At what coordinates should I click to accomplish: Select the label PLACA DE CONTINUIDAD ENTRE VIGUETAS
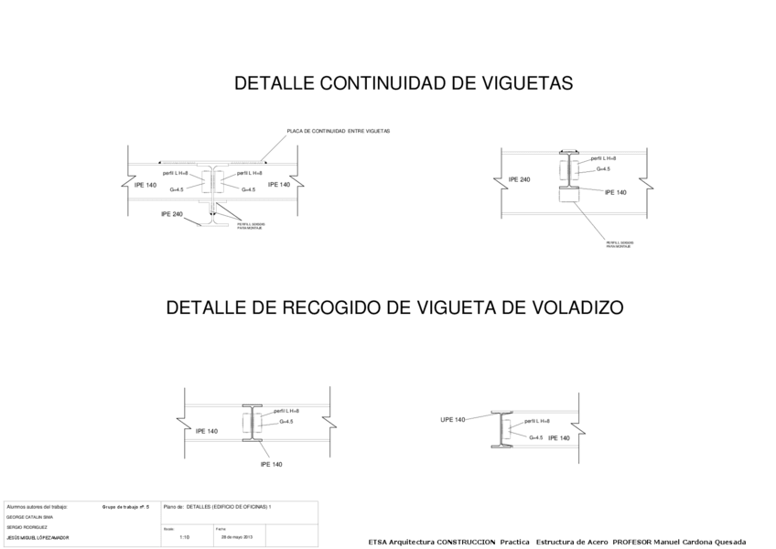[338, 131]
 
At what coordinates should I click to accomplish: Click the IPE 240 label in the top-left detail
[172, 214]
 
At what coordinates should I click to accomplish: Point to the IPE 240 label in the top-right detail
[519, 179]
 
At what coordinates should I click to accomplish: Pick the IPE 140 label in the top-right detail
[616, 192]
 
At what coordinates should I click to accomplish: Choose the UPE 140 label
[453, 419]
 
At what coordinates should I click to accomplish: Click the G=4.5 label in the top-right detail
[603, 169]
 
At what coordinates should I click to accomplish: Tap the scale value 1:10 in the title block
[185, 537]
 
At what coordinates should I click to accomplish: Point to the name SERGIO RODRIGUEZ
[27, 528]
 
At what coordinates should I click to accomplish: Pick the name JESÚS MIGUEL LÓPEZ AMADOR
[38, 538]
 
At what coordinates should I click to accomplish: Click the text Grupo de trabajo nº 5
[125, 506]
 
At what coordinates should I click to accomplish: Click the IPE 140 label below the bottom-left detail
[271, 464]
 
